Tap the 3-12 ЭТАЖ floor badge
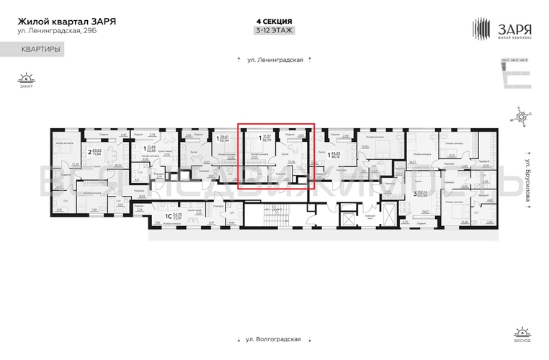[x=274, y=31]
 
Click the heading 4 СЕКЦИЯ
[x=274, y=21]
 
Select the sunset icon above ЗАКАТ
[x=27, y=78]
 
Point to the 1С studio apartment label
[x=169, y=215]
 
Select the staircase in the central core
[x=274, y=215]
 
